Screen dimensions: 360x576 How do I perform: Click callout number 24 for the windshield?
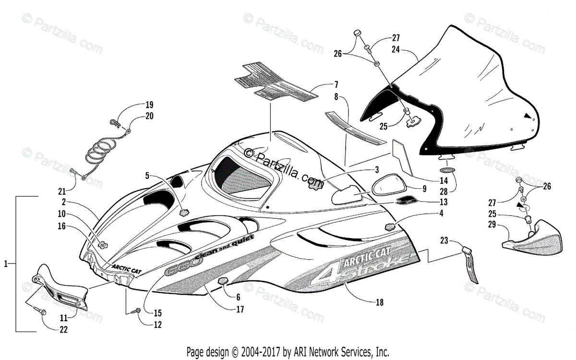(396, 48)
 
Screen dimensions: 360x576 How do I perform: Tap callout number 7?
(336, 84)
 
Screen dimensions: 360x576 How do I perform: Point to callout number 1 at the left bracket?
(5, 263)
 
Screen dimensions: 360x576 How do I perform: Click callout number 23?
(444, 240)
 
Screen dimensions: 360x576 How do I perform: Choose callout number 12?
(157, 324)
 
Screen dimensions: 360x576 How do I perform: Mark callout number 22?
(63, 329)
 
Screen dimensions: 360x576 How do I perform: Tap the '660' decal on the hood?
(175, 271)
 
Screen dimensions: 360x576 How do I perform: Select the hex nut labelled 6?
(222, 282)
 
